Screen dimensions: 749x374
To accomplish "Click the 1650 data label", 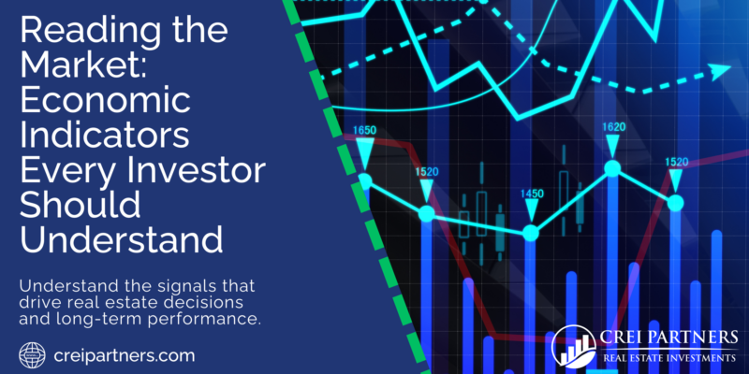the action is (364, 130).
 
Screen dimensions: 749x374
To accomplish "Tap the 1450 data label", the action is (532, 194).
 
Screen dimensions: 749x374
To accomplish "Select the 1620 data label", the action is (613, 127).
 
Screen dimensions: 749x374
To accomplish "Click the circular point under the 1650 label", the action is (365, 180).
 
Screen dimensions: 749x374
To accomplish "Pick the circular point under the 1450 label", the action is (531, 233).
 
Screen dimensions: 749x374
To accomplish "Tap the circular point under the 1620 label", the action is (612, 168).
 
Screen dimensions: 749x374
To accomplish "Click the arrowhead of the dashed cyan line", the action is (720, 72).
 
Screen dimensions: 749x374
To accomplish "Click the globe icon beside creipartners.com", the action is (33, 355).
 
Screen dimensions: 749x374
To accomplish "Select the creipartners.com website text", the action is (125, 356).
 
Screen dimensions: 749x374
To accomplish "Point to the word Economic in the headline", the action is (106, 103).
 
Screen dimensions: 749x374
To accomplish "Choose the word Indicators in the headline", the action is (105, 136).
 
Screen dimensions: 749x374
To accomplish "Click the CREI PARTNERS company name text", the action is (668, 338).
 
